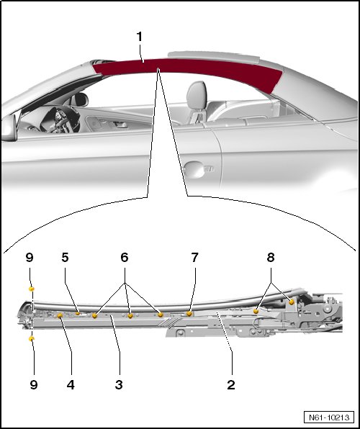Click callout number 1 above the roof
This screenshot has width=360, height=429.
(140, 37)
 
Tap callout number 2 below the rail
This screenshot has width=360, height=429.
(231, 384)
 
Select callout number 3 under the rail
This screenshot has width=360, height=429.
(119, 384)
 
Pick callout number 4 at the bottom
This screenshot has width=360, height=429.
(71, 384)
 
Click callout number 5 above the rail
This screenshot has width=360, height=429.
(65, 257)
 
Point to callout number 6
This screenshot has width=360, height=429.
(125, 257)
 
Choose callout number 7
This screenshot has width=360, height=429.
(194, 257)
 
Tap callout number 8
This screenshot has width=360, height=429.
(271, 257)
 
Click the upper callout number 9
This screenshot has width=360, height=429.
(30, 257)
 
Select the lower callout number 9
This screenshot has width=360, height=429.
(33, 384)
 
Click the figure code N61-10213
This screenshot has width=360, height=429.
(329, 417)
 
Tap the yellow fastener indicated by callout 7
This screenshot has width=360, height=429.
(189, 314)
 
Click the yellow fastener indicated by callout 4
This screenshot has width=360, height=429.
(60, 316)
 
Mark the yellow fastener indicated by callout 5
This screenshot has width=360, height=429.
(78, 313)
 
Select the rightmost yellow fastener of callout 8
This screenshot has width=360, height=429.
(292, 302)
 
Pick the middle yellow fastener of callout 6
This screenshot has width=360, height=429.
(130, 316)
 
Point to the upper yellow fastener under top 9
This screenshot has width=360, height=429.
(32, 289)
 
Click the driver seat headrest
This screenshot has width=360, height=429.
(197, 95)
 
